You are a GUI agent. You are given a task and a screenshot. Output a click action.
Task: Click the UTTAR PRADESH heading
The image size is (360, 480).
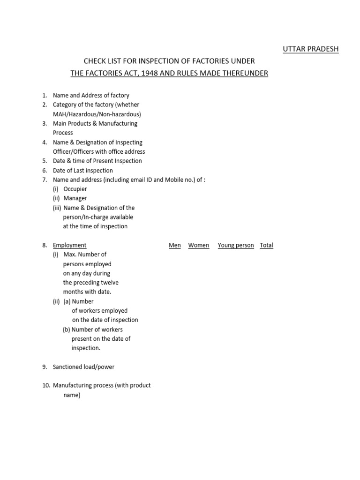[x=310, y=49]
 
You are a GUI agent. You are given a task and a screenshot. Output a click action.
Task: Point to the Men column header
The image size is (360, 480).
[x=175, y=245]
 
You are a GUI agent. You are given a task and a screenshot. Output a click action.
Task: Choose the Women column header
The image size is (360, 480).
[x=199, y=245]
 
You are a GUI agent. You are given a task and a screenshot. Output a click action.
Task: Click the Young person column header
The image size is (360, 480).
[x=236, y=245]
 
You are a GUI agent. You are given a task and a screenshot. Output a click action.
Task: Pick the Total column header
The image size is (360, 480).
[x=266, y=245]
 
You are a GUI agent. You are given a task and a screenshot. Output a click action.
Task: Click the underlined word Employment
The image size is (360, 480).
[x=69, y=245]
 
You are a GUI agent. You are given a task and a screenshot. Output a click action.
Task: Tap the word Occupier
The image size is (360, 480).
[x=75, y=189]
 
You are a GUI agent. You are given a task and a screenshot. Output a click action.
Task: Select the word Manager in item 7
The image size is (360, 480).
[x=75, y=198]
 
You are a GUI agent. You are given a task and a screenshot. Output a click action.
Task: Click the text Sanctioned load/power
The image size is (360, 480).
[x=83, y=367]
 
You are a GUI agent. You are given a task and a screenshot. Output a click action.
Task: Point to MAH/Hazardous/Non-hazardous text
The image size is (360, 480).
[x=97, y=114]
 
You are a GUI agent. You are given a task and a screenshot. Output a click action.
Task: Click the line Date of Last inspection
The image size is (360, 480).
[x=82, y=170]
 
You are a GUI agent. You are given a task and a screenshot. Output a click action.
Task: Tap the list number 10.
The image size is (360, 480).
[x=46, y=385]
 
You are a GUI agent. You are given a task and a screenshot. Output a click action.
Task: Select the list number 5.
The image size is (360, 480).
[x=45, y=161]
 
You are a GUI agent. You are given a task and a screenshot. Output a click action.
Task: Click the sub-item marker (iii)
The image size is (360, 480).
[x=57, y=208]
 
